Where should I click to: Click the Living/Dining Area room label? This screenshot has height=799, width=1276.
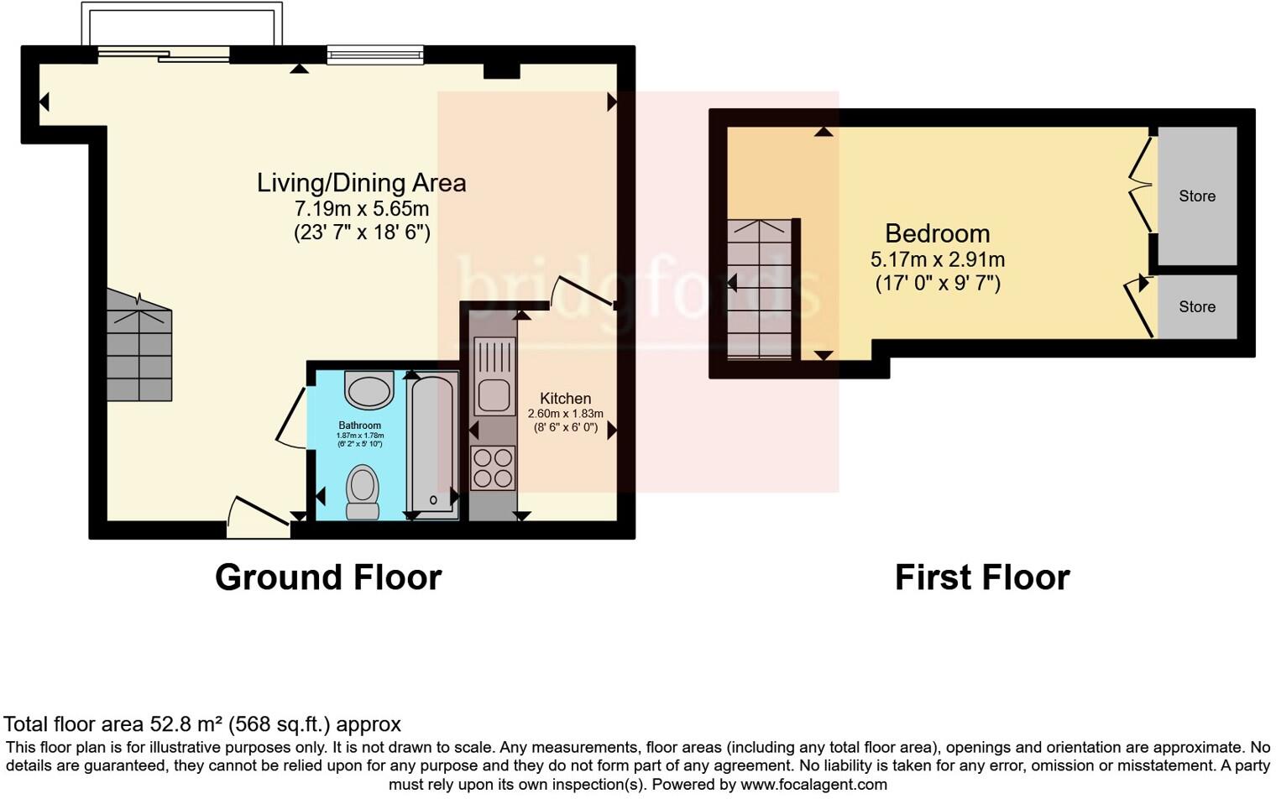tap(361, 183)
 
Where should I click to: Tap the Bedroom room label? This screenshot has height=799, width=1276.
tap(937, 233)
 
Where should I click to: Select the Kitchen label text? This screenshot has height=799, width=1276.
tap(565, 399)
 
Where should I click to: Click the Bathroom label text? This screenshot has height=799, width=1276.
tap(359, 426)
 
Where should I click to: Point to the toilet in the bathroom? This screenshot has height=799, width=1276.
tap(363, 492)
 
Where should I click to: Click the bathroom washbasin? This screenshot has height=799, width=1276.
tap(369, 391)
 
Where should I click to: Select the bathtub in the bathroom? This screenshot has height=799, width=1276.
tap(432, 445)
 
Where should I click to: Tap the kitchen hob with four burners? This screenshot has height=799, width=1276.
tap(493, 468)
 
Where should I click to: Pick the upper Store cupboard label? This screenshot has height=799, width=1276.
tap(1196, 196)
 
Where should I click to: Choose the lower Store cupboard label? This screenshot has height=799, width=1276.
tap(1196, 307)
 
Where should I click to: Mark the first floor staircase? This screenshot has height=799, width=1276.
tap(760, 290)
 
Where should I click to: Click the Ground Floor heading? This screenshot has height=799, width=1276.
tap(328, 577)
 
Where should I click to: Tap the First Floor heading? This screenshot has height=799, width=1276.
tap(981, 577)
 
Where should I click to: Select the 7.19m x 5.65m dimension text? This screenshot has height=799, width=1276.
tap(361, 209)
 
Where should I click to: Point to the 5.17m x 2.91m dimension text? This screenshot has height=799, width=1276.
tap(937, 260)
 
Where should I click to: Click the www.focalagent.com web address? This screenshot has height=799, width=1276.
tap(813, 785)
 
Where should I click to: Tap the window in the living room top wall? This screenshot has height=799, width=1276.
tap(375, 55)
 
